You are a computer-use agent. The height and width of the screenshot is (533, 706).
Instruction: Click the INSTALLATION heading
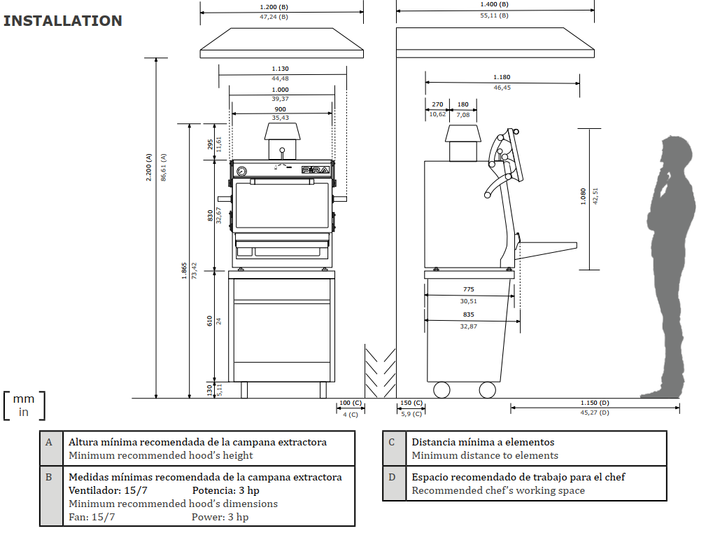[x=63, y=21]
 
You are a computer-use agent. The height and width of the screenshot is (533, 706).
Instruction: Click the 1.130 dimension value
[x=281, y=69]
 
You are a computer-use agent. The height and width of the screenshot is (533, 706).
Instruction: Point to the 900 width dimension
[x=280, y=109]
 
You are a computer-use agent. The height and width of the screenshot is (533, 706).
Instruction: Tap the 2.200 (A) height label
[x=148, y=167]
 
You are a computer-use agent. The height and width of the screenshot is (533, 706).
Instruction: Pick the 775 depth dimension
[x=469, y=289]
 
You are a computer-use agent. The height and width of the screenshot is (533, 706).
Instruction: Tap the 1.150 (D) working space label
[x=595, y=403]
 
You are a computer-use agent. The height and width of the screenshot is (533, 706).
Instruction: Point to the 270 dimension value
[x=437, y=104]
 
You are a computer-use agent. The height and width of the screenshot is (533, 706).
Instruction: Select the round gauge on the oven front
[x=241, y=171]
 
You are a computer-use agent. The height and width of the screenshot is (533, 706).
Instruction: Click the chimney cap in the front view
[x=281, y=132]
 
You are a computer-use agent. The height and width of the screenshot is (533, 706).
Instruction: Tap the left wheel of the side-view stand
[x=442, y=389]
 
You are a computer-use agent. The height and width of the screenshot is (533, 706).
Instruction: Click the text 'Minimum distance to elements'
[x=484, y=455]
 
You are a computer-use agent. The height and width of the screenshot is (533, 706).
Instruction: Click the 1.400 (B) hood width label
[x=495, y=4]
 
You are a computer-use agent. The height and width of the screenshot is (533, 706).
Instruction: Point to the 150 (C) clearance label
[x=411, y=403]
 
